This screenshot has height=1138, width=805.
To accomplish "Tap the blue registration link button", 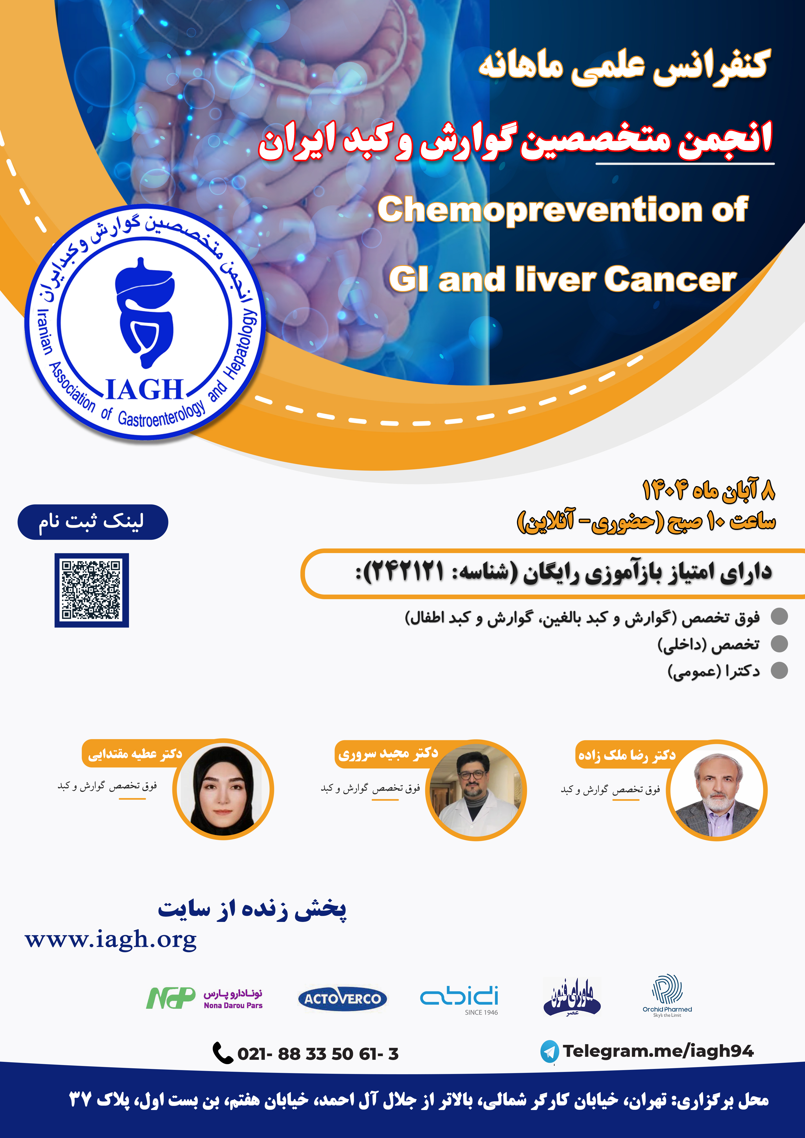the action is tap(93, 522).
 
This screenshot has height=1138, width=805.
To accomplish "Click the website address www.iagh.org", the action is tap(111, 940).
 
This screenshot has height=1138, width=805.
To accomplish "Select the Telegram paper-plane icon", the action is tap(549, 1051).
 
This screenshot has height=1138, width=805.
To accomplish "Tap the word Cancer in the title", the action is tap(670, 280).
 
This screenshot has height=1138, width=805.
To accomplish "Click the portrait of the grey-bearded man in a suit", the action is tap(717, 790).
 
